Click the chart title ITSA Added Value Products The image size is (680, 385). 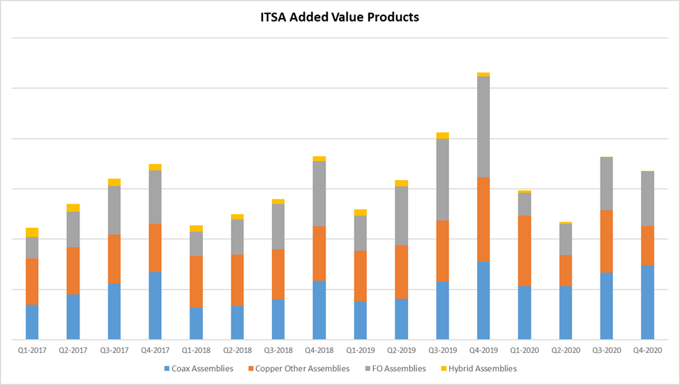340,17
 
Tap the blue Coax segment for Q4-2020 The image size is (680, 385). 648,301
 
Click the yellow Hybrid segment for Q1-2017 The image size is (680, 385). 32,232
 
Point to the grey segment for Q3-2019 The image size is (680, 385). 442,179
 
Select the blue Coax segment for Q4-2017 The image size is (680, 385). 155,305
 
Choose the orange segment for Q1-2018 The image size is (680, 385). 196,282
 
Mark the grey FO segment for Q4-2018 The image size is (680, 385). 319,193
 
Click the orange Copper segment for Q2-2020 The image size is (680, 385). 566,270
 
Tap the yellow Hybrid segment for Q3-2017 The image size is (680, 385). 114,182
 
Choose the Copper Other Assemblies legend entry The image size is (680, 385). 297,368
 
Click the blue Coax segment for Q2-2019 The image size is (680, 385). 401,319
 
